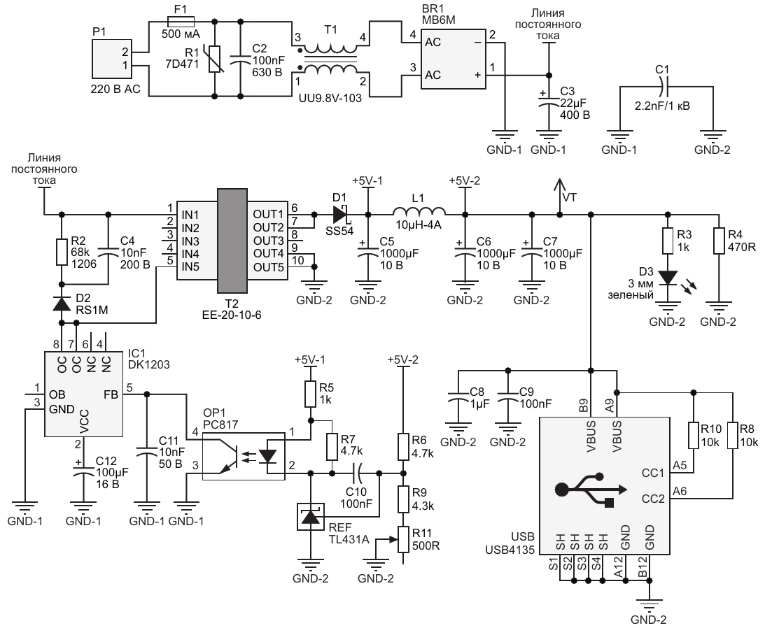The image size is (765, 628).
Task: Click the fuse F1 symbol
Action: [181, 22]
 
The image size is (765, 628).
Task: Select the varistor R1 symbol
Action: [215, 59]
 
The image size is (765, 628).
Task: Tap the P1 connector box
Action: [113, 59]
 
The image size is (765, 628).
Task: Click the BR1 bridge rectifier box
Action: [454, 59]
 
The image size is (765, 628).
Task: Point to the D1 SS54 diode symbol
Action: [339, 214]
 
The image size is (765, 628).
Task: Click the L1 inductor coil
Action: [419, 211]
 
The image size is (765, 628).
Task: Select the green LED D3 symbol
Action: [668, 278]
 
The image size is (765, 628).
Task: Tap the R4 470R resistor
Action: [719, 241]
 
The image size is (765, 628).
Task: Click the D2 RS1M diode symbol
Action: [62, 304]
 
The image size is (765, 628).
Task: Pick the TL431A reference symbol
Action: [311, 517]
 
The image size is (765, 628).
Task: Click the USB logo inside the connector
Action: [590, 490]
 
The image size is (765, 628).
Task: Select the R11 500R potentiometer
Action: [403, 539]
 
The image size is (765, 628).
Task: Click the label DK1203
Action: [149, 364]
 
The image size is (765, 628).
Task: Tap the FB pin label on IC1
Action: [111, 394]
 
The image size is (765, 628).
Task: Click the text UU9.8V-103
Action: [330, 98]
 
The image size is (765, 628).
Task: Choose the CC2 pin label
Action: [653, 499]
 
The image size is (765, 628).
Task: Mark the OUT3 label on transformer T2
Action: [268, 241]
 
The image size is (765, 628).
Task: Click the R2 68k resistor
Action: [62, 252]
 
